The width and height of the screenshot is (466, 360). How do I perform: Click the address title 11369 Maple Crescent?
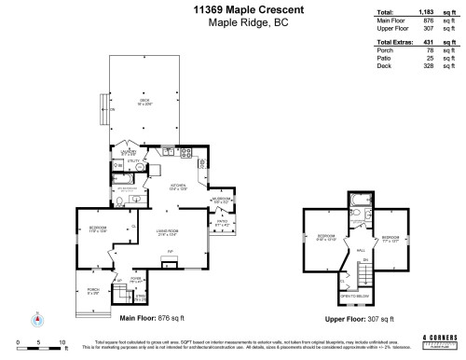(232, 9)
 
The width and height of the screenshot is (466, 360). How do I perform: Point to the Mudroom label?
(221, 198)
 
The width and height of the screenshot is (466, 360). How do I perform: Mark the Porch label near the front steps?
(91, 291)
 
